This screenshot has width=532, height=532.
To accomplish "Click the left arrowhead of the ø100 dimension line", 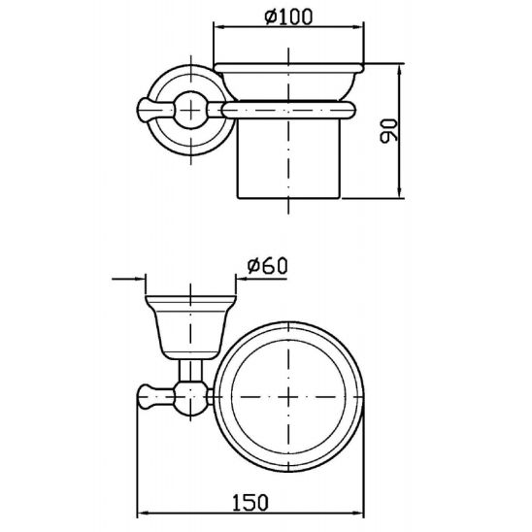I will click(218, 31).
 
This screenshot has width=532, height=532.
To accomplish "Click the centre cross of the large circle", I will click(291, 399).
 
